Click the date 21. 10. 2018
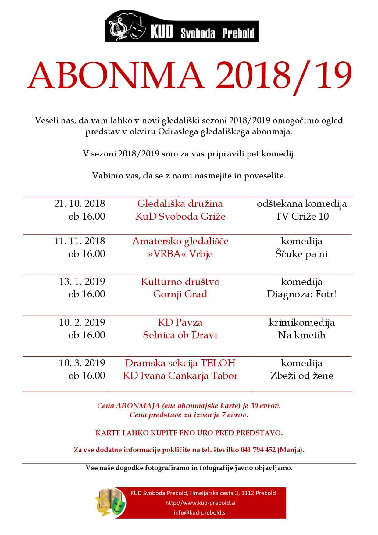click(x=80, y=203)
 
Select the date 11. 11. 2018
click(x=80, y=241)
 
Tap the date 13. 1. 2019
click(x=82, y=281)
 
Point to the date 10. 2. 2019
click(x=82, y=322)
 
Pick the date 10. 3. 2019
click(x=82, y=363)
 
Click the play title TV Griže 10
click(x=302, y=216)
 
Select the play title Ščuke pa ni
click(x=301, y=254)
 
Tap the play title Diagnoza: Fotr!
click(x=301, y=294)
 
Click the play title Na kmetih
click(x=301, y=335)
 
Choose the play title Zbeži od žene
click(x=301, y=375)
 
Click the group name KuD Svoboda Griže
click(x=180, y=216)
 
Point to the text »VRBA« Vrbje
click(x=180, y=254)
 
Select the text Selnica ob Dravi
click(x=180, y=335)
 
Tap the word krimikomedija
click(x=301, y=322)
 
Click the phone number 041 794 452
click(x=258, y=450)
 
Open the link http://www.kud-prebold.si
click(x=200, y=503)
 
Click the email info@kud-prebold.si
click(x=200, y=512)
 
